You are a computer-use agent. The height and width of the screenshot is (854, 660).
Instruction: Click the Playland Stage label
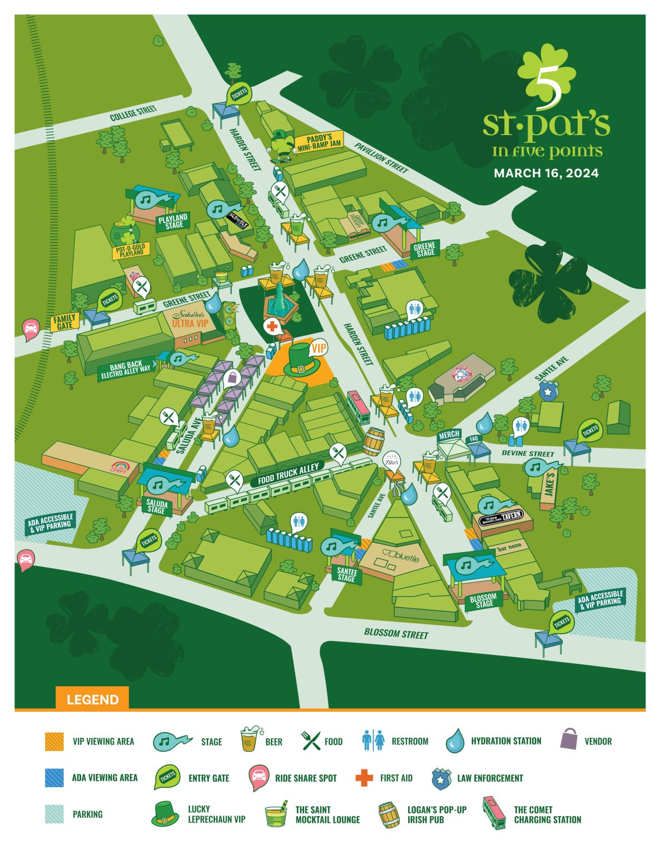point(173,221)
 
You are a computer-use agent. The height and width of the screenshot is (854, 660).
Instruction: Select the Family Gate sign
point(64,322)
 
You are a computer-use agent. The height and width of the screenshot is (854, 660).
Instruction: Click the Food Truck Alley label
point(288,474)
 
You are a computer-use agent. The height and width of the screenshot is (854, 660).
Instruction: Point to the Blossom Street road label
point(396,633)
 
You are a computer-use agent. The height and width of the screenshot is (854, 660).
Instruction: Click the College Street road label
point(133,113)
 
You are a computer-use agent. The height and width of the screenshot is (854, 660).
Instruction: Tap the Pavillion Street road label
point(381,157)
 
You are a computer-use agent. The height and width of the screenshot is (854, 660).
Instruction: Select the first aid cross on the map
point(272,326)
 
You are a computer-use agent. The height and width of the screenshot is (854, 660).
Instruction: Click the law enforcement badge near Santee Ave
point(549,391)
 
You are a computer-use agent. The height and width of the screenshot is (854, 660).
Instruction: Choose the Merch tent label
point(449,434)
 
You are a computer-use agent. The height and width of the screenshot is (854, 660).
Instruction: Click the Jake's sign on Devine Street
point(549,484)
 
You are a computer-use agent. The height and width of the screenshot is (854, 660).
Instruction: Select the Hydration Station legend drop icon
point(455,741)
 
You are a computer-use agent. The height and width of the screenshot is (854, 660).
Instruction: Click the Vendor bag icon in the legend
point(569,739)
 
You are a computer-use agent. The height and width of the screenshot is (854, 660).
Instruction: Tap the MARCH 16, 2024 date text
point(545,173)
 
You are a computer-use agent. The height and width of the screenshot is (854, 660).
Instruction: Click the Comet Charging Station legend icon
point(494,813)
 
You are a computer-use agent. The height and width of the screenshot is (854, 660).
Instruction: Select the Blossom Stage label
point(483,600)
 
